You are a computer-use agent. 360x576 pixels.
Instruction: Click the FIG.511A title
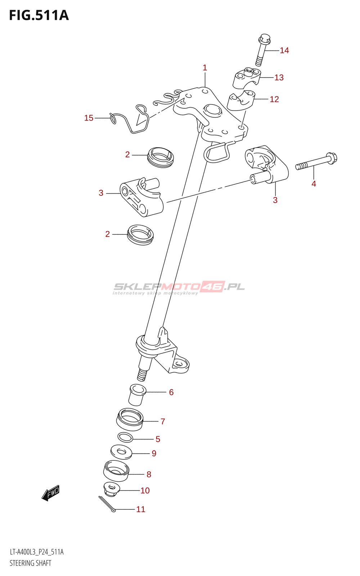tap(39, 15)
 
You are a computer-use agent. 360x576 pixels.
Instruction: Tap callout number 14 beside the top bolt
tap(284, 50)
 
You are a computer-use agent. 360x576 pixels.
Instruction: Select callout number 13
tap(279, 77)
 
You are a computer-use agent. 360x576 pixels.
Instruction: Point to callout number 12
tap(274, 99)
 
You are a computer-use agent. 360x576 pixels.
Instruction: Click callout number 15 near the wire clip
tap(89, 118)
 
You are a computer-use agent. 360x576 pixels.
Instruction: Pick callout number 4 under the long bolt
tap(314, 184)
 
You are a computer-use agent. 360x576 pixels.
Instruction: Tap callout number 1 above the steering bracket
tap(205, 68)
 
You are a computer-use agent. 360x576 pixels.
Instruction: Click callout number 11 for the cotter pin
tap(141, 509)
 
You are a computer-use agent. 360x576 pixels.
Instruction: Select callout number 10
tap(145, 491)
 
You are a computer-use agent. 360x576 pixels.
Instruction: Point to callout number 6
tap(171, 392)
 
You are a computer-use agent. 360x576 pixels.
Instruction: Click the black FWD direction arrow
tap(50, 493)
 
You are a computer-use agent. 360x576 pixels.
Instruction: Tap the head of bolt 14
tap(265, 39)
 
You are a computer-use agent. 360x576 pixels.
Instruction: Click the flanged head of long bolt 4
tap(331, 158)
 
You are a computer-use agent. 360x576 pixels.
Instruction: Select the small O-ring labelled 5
tap(125, 438)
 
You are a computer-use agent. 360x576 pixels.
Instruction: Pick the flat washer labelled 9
tap(121, 452)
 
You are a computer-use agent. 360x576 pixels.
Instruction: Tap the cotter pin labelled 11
tap(107, 504)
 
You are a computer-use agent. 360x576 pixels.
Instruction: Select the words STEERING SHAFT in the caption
tap(31, 563)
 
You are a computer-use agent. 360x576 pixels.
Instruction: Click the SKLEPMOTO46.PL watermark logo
tap(179, 287)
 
